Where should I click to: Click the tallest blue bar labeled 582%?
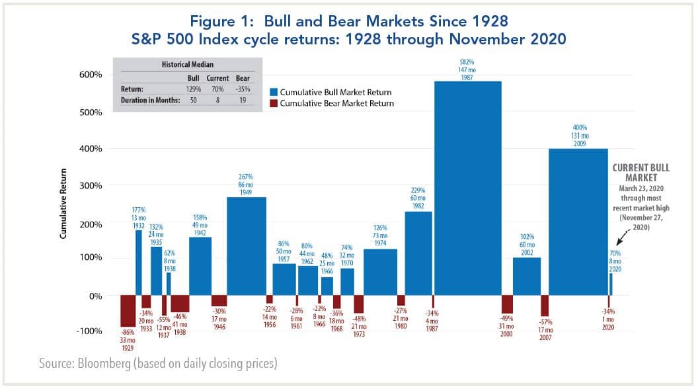(x=467, y=189)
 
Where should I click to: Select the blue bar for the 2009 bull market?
(x=578, y=222)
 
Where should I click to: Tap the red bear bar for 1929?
(x=127, y=311)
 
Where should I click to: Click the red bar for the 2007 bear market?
(x=545, y=306)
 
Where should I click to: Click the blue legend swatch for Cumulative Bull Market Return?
(x=274, y=92)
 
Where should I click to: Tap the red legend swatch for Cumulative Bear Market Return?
(x=274, y=103)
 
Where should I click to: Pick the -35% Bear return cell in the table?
(x=243, y=88)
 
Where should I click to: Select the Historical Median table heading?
(x=188, y=65)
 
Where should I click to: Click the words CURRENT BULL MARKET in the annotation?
(x=640, y=173)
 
